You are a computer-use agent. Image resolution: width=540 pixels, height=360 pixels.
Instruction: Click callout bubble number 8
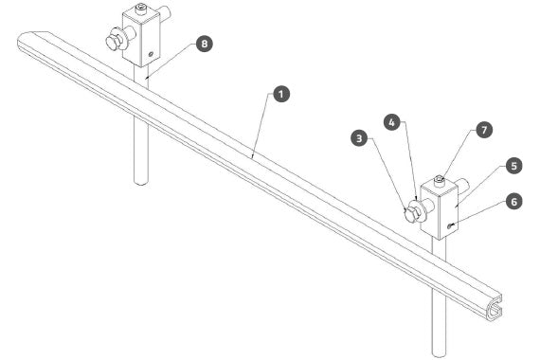[205, 44]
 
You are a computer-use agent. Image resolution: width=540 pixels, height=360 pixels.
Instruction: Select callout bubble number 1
[281, 94]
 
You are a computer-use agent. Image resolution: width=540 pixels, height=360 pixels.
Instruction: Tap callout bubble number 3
[359, 138]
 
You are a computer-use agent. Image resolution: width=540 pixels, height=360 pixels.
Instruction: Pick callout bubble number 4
[392, 122]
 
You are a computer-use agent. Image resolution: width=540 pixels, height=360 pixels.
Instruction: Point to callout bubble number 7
[484, 130]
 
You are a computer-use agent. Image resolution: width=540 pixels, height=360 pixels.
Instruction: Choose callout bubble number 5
[514, 166]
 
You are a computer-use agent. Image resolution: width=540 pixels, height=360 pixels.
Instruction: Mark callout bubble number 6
[514, 202]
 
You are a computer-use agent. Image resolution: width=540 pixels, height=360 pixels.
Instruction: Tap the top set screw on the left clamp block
[140, 9]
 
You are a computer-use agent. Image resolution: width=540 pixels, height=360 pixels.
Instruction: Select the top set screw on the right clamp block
[439, 180]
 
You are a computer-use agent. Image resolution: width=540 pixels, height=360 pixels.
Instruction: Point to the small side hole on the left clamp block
[151, 54]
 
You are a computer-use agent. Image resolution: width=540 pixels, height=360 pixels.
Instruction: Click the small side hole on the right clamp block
[449, 226]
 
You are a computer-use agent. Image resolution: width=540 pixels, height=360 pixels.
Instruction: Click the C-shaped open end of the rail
[494, 308]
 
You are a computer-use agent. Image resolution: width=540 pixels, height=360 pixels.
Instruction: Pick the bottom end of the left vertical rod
[141, 182]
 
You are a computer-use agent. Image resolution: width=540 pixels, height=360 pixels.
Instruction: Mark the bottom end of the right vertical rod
[439, 354]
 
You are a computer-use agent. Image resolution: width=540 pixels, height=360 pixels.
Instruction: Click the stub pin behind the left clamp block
[165, 14]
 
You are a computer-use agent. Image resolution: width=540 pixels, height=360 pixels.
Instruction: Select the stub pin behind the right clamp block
[463, 186]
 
